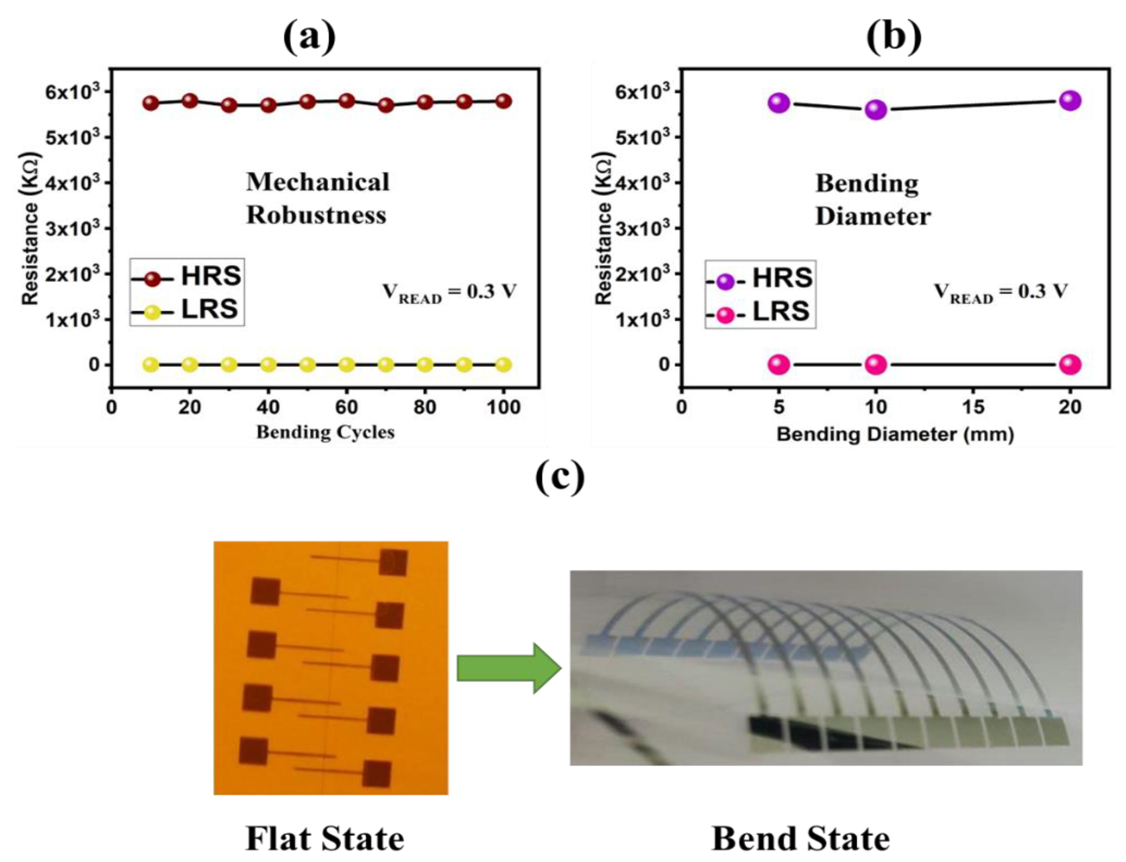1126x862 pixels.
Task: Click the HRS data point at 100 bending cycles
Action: (503, 101)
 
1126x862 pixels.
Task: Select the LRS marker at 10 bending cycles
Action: (150, 365)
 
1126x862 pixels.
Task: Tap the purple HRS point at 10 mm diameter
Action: (876, 110)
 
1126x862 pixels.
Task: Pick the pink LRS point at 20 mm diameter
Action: (1070, 365)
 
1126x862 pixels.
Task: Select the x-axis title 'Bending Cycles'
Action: (325, 432)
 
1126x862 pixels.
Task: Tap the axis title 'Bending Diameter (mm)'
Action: (895, 434)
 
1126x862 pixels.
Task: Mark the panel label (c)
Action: (560, 477)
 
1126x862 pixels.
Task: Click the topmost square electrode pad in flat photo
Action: (393, 562)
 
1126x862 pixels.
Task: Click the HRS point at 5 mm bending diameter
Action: (779, 103)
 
